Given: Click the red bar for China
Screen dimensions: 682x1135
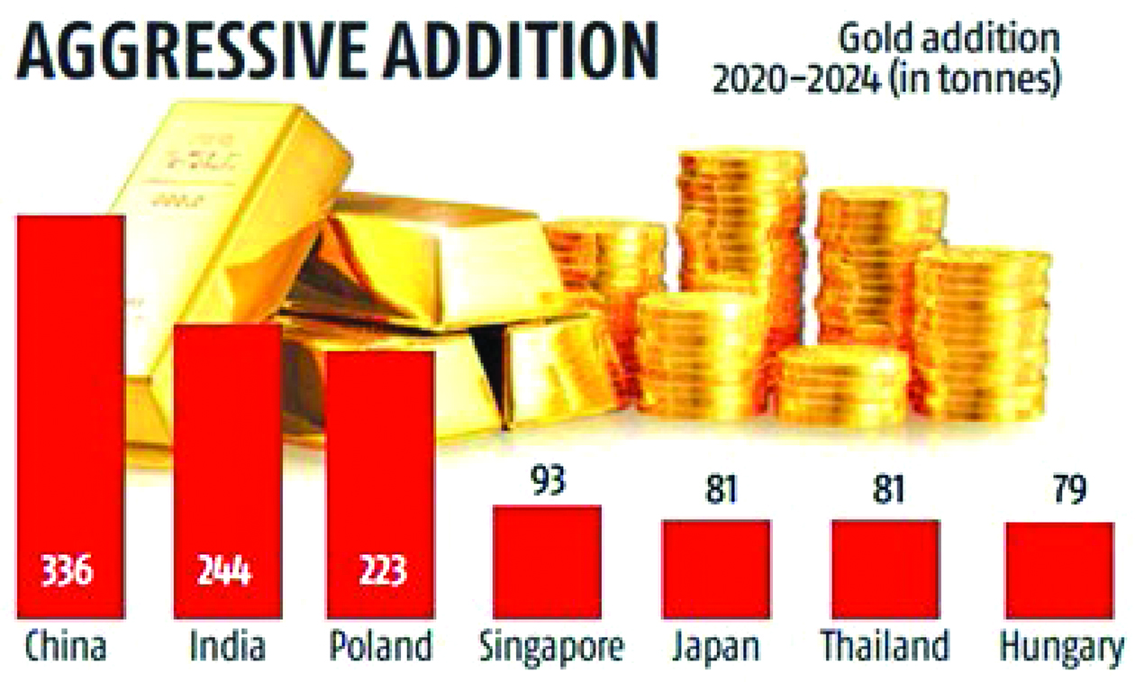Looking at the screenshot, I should coord(68,414).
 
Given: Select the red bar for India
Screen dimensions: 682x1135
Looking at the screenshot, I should coord(227,468).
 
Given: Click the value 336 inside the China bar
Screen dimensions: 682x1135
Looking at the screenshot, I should coord(68,571).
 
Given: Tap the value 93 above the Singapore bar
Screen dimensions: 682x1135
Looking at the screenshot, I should coord(547,479).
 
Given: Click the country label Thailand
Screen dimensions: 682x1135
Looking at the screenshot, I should coord(885,647).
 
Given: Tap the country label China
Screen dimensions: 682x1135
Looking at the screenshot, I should coord(67,647).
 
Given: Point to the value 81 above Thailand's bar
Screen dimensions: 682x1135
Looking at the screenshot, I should coord(885,494).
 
